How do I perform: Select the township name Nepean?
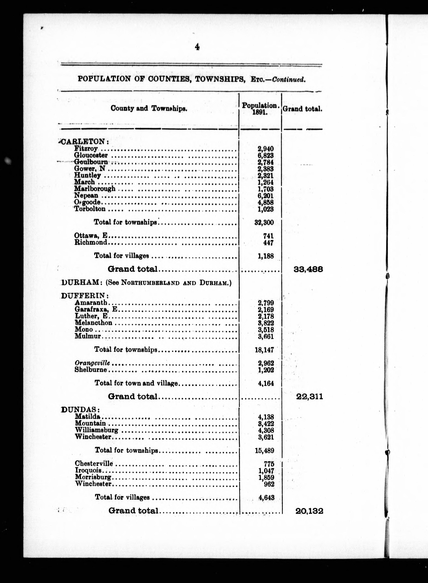coord(86,195)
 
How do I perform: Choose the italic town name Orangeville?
coord(92,363)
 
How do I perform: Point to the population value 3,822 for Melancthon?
coord(266,323)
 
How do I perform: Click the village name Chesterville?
coord(94,463)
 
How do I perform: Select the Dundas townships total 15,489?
coord(264,450)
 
